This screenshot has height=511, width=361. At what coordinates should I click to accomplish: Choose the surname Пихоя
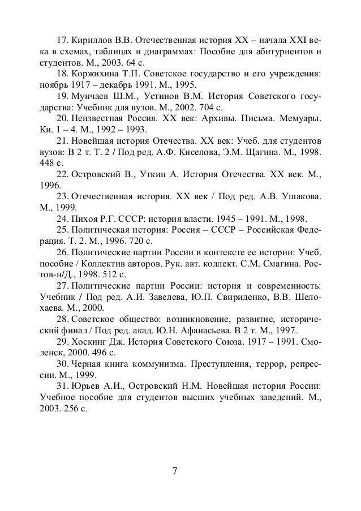pos(85,218)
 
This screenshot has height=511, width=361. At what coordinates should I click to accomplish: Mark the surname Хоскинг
pos(89,341)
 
